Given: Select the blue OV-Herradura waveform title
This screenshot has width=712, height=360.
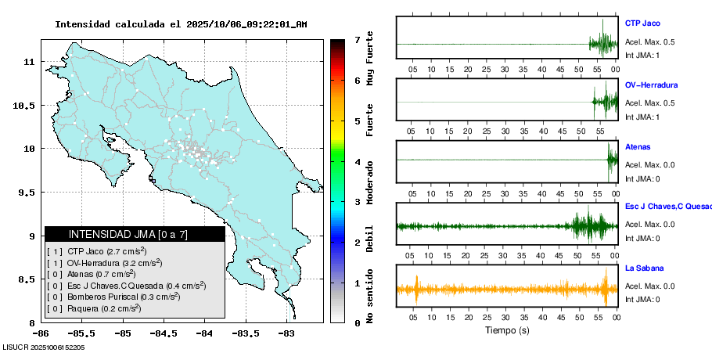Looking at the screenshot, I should click(x=651, y=85).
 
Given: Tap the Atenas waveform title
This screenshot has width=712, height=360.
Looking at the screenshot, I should click(x=638, y=146).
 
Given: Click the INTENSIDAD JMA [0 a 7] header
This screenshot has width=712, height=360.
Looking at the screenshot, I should click(x=135, y=234).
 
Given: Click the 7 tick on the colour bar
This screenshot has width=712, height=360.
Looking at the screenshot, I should click(x=357, y=39).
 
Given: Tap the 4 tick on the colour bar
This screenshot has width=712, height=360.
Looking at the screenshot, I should click(x=357, y=161).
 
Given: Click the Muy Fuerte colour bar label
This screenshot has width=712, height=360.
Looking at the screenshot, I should click(x=370, y=59).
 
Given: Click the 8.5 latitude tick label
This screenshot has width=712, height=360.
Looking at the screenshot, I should click(x=26, y=279).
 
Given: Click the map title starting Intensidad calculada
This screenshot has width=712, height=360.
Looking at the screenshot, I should click(x=181, y=24).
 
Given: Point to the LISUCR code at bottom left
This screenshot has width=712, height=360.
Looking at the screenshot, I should click(x=44, y=347).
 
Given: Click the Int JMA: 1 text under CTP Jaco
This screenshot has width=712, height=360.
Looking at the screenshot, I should click(x=642, y=56).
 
